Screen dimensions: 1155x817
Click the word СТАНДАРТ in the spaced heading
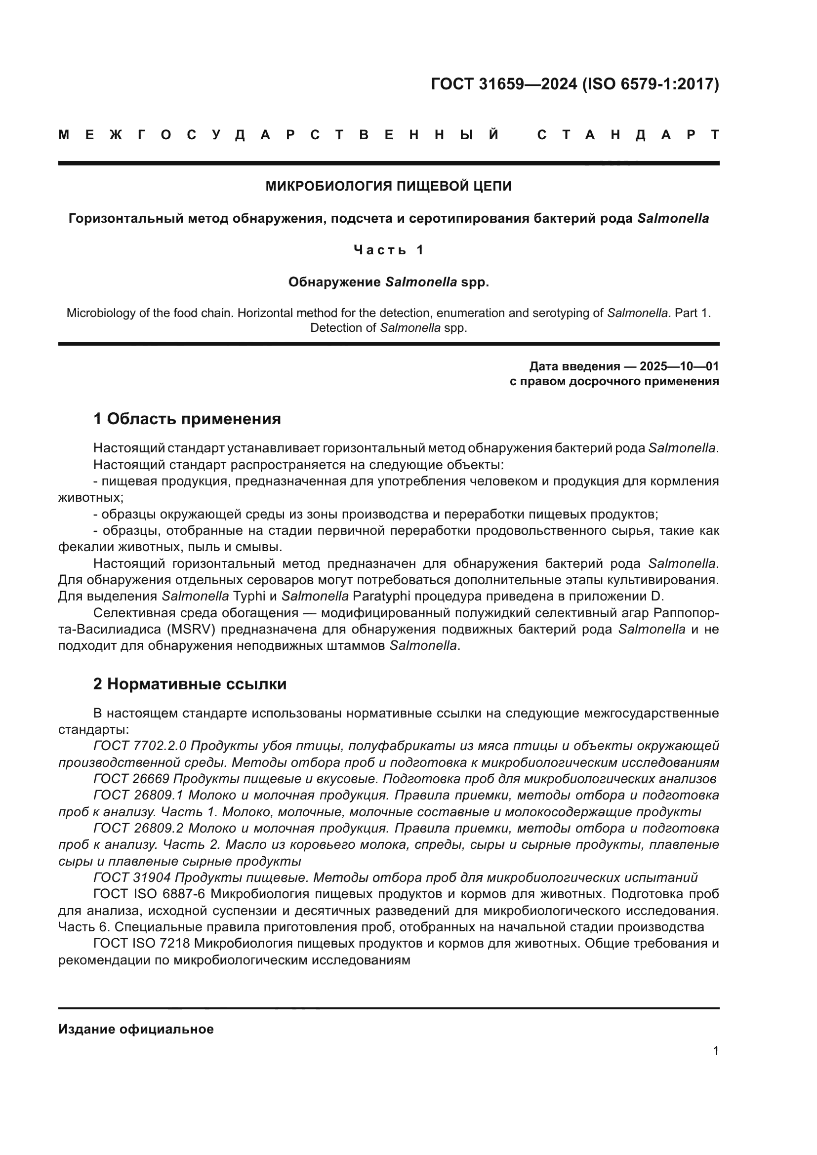tap(628, 135)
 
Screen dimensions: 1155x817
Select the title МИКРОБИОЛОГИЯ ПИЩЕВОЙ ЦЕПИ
tap(388, 186)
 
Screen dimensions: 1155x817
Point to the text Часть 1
tap(388, 250)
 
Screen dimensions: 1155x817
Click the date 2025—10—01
tap(679, 366)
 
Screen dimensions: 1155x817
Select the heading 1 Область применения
tap(187, 419)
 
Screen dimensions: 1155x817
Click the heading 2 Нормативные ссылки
tap(190, 684)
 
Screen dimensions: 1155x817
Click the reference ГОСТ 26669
tap(132, 779)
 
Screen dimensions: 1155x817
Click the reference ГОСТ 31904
tap(132, 878)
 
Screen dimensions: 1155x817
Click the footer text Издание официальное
tap(136, 1029)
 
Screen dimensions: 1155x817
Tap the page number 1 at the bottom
tap(716, 1051)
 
